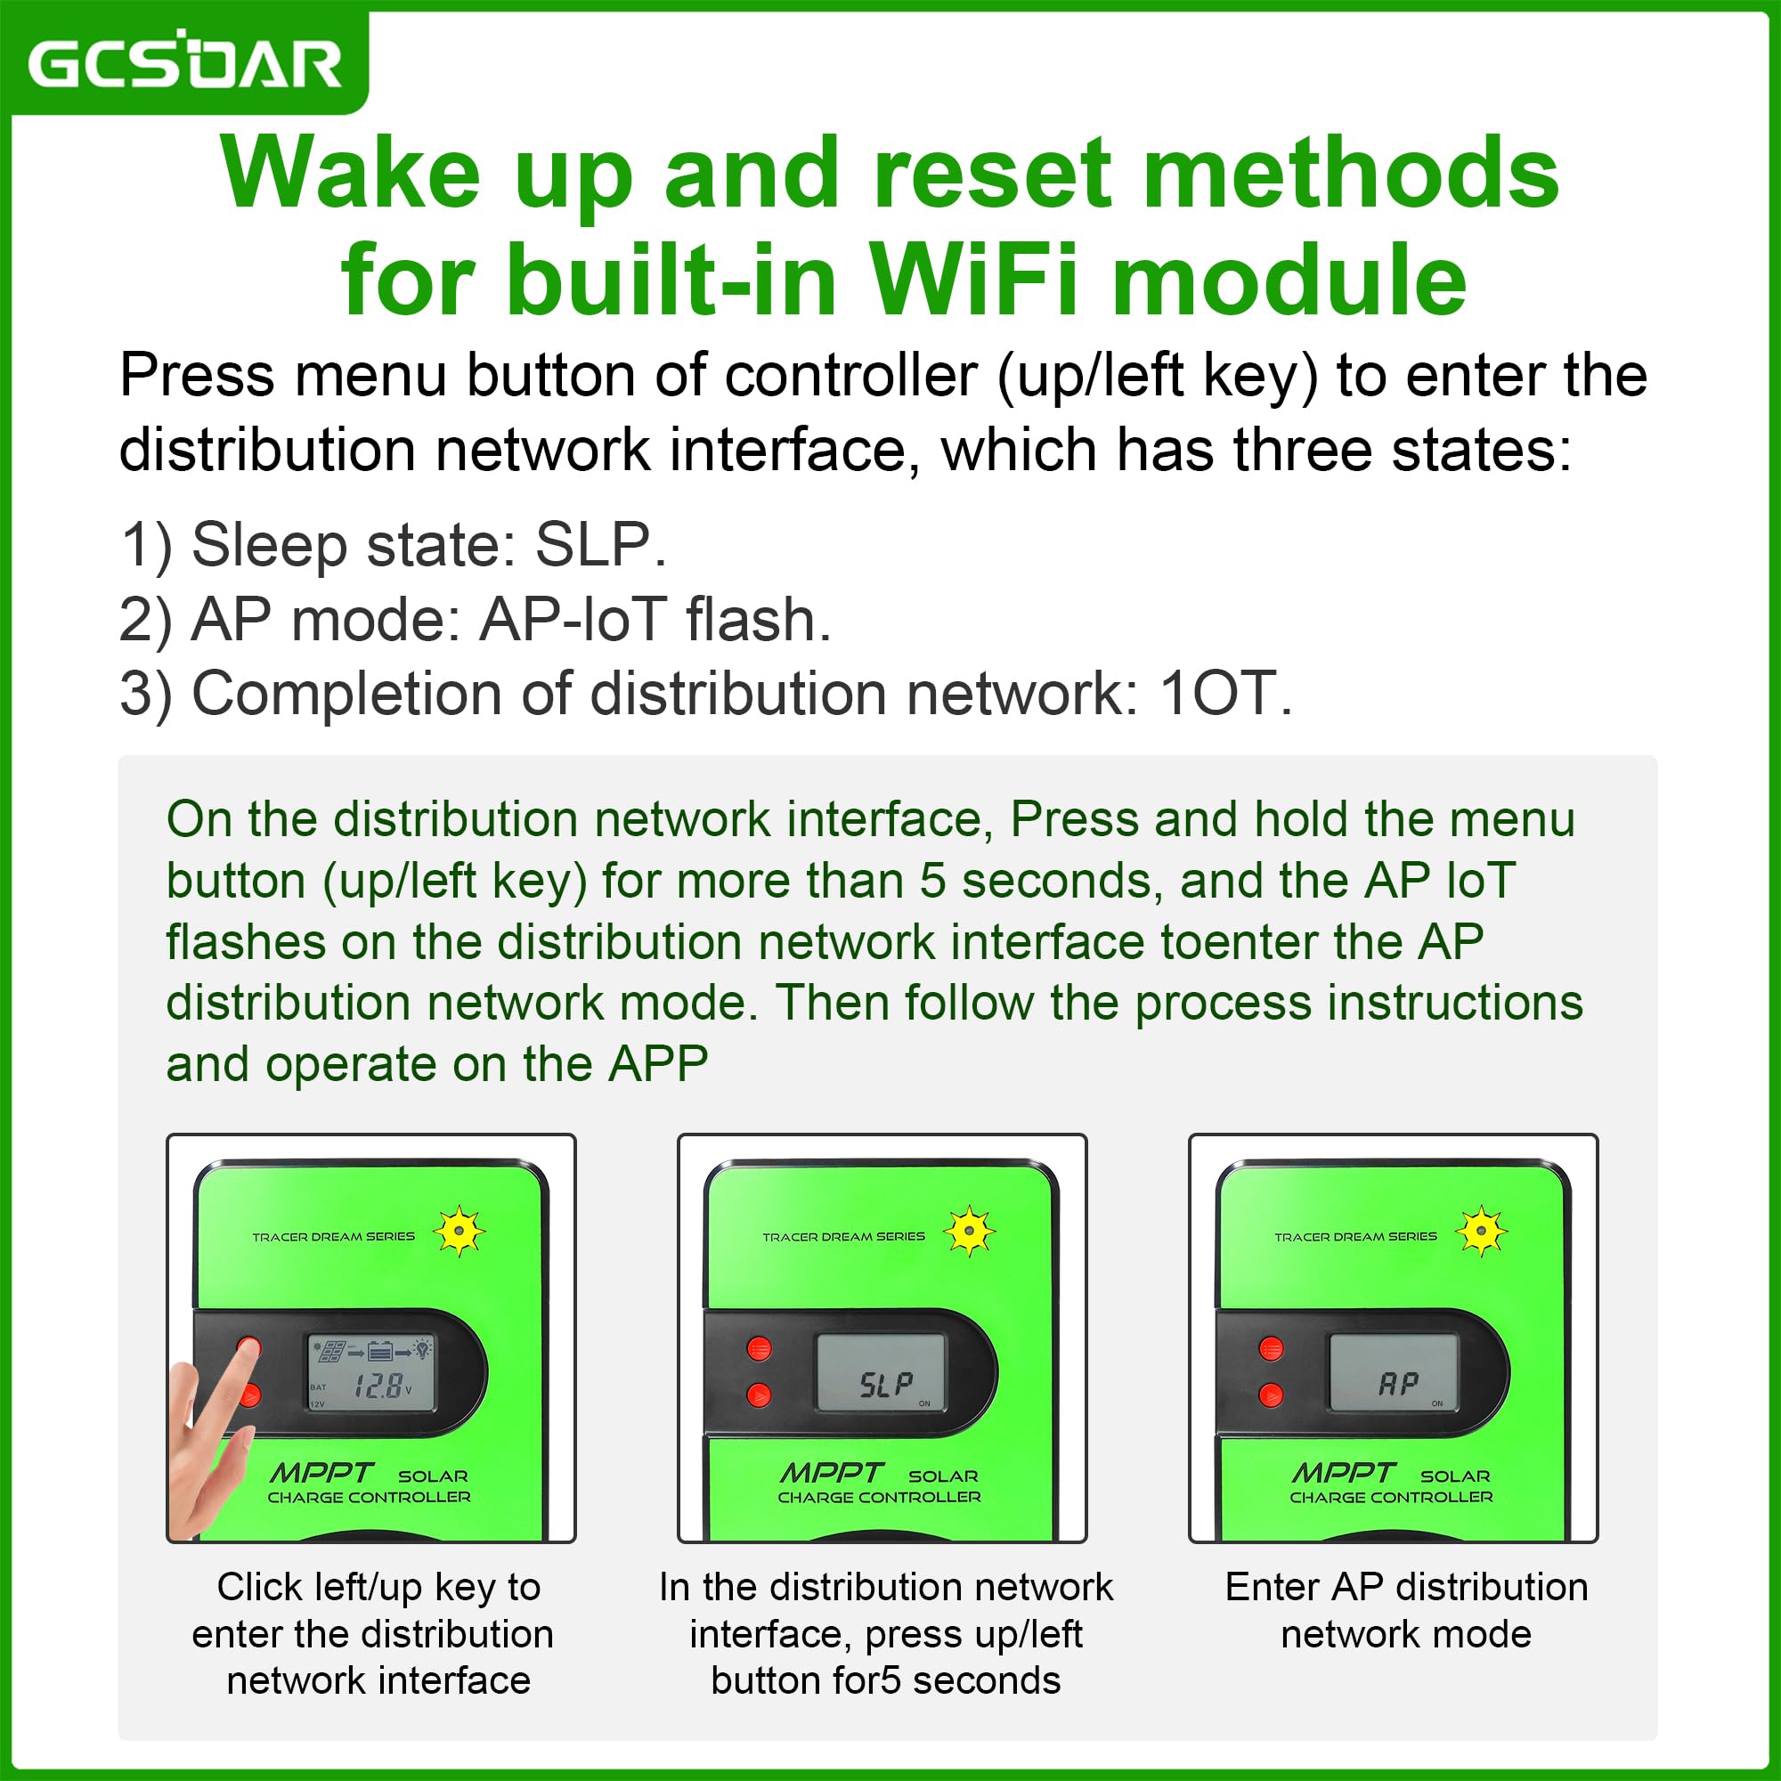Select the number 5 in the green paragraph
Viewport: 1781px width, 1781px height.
pos(933,882)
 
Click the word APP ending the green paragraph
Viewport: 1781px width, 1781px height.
pos(658,1065)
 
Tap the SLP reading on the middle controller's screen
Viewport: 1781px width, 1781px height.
pos(886,1385)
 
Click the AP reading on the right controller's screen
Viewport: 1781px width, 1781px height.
pos(1398,1385)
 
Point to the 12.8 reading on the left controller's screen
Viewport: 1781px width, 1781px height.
pos(378,1386)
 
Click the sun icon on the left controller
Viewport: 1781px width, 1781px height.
pos(458,1231)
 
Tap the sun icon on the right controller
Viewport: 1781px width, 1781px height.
pos(1481,1231)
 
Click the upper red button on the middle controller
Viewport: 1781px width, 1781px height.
pos(759,1348)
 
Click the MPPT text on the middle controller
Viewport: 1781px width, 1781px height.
pos(832,1472)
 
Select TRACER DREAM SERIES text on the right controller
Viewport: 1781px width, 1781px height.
pos(1355,1236)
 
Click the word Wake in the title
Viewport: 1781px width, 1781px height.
pos(350,173)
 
